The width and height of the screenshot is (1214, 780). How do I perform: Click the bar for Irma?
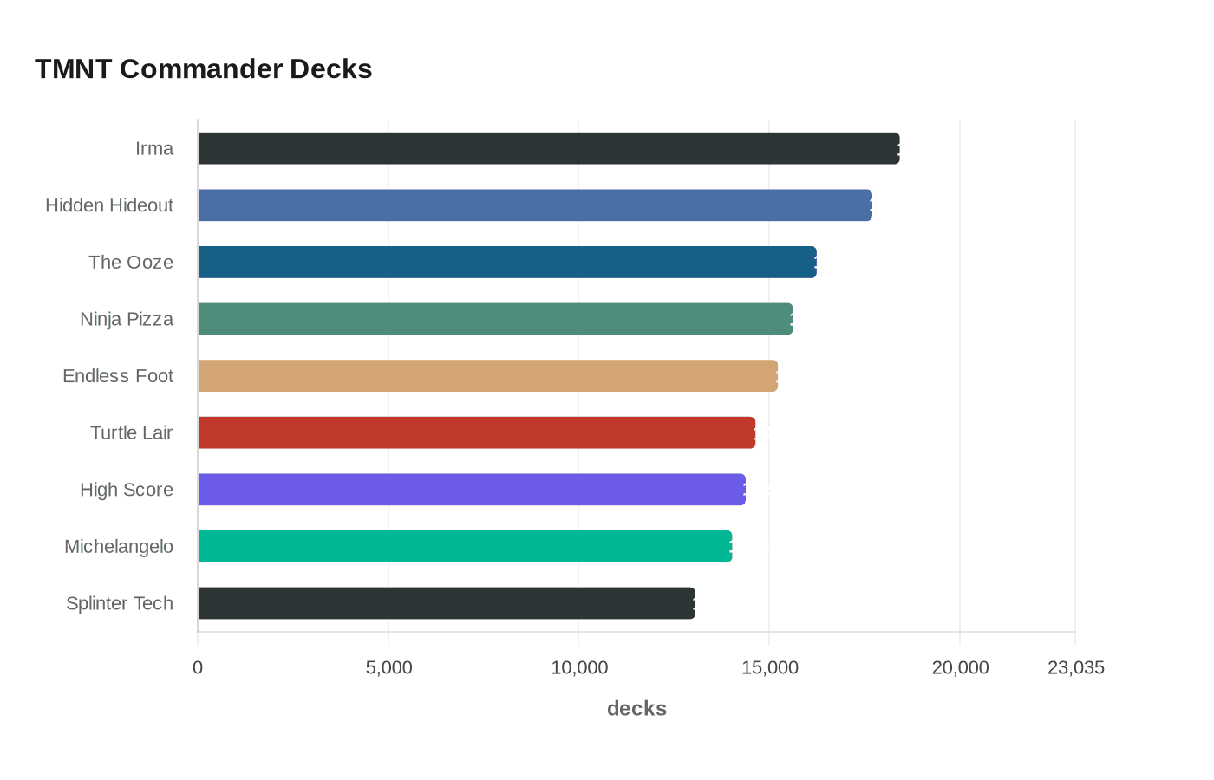[x=548, y=148]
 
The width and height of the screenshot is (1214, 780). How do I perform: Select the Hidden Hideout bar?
[x=534, y=205]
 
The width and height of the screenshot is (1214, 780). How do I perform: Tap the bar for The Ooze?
[x=506, y=262]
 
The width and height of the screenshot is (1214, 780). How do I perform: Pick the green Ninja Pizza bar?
[x=494, y=319]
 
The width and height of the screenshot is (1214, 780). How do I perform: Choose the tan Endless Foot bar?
[x=487, y=375]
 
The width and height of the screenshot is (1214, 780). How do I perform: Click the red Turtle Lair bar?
[x=476, y=432]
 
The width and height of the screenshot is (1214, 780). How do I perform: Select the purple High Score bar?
[x=471, y=490]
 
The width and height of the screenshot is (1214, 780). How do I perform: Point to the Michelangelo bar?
[x=465, y=546]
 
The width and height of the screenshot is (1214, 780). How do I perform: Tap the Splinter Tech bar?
[x=446, y=603]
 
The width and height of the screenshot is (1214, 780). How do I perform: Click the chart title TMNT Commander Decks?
[x=203, y=68]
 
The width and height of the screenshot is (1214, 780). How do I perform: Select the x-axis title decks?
[x=636, y=708]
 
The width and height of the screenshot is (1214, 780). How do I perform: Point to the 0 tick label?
[x=198, y=667]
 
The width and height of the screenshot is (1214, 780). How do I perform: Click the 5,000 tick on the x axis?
[x=388, y=667]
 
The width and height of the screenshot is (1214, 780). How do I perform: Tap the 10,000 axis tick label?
[x=579, y=667]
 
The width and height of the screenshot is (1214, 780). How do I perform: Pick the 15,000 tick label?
[x=769, y=667]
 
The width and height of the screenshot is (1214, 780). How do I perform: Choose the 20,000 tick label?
[x=960, y=667]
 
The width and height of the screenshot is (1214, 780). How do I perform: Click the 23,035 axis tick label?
[x=1075, y=667]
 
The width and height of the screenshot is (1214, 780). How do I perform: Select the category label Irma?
[x=154, y=148]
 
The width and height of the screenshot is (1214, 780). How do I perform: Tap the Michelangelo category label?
[x=119, y=546]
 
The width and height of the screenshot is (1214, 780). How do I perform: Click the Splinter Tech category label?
[x=120, y=603]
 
